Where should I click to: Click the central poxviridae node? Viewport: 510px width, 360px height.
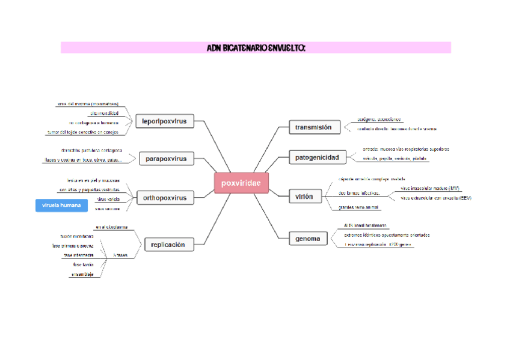[241, 183]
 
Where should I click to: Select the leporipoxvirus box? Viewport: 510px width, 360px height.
[164, 121]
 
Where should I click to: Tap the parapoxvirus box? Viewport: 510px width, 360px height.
[166, 159]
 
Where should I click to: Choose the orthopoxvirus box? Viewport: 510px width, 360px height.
[164, 198]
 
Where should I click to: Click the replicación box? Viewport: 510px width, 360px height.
[168, 245]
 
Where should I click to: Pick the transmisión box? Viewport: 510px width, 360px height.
[313, 127]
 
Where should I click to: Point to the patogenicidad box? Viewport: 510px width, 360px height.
[317, 158]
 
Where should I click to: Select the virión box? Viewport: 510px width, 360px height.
[304, 197]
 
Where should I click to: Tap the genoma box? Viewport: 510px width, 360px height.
[308, 239]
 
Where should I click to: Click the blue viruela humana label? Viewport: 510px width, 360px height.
[62, 206]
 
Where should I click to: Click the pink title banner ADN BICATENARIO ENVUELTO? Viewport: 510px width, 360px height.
[256, 47]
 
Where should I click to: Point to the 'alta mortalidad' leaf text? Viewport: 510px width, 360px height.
[104, 113]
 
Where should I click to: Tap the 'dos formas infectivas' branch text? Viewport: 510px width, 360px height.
[358, 193]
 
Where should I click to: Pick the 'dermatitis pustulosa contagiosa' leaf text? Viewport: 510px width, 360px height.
[91, 150]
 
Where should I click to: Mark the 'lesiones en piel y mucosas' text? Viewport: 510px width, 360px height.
[93, 180]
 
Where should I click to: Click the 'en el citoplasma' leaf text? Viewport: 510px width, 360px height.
[111, 227]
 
